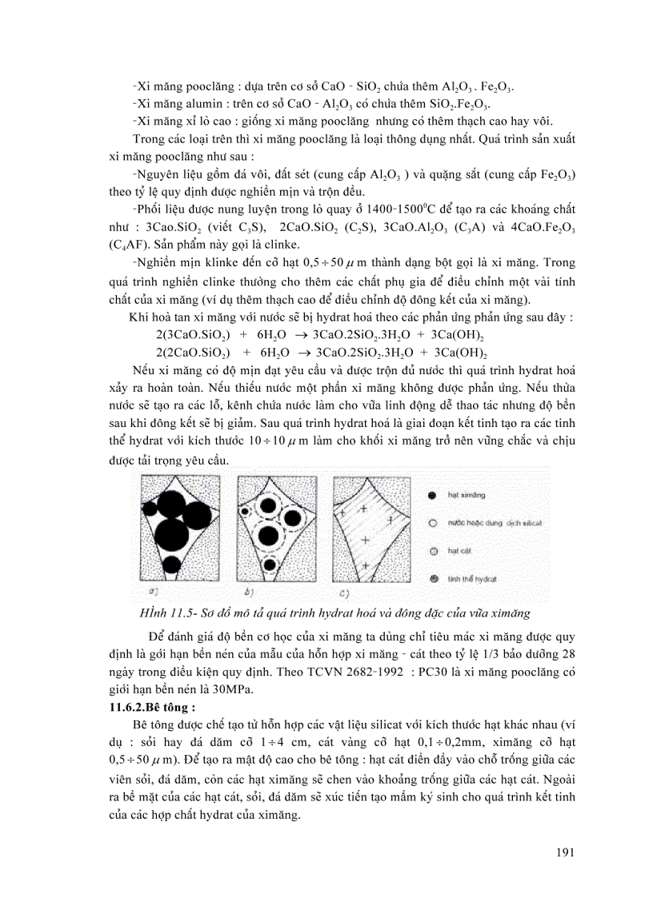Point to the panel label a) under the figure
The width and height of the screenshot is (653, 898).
tap(152, 592)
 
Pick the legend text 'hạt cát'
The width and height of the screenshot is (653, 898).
tap(459, 550)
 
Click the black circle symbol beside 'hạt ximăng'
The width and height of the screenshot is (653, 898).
tap(433, 496)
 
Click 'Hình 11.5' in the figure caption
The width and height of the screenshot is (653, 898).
tap(165, 613)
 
